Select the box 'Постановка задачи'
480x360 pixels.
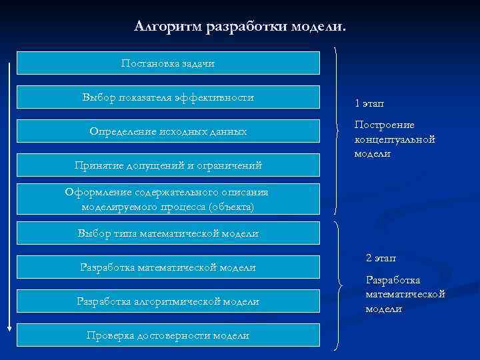point(168,63)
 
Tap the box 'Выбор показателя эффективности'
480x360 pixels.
point(168,97)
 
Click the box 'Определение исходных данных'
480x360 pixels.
point(168,132)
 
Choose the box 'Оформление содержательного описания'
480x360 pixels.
point(168,199)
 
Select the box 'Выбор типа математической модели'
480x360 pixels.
point(168,233)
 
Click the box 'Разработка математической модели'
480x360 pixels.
point(168,267)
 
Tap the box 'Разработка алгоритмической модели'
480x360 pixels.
point(168,302)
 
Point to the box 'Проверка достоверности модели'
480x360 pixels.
point(168,335)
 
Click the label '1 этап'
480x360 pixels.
point(369,103)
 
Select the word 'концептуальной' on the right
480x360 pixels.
point(395,139)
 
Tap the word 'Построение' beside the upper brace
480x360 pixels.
point(384,125)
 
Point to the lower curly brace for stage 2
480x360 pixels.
point(339,287)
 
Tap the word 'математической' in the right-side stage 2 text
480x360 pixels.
point(405,295)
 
